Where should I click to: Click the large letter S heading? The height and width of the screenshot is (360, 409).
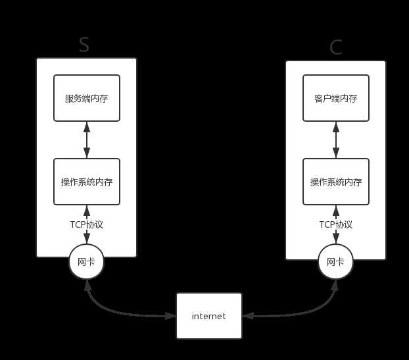(x=84, y=44)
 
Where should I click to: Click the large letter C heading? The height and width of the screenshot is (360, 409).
(x=336, y=47)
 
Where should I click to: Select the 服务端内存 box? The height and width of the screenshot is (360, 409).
(x=87, y=98)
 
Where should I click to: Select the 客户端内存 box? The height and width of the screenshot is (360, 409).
(x=336, y=98)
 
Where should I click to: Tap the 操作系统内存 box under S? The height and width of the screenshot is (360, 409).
(x=87, y=182)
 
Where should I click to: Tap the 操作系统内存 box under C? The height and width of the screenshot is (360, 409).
(x=336, y=182)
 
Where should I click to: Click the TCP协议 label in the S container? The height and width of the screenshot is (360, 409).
(x=87, y=224)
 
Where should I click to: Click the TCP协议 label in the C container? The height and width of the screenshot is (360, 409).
(x=336, y=224)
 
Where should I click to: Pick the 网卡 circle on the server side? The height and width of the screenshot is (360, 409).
(x=87, y=262)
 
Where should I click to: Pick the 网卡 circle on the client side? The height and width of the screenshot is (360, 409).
(x=336, y=262)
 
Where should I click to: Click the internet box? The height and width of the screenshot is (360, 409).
(x=209, y=316)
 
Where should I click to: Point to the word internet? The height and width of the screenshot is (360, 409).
(x=209, y=317)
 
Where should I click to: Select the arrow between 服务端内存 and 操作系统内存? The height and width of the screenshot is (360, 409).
(x=87, y=140)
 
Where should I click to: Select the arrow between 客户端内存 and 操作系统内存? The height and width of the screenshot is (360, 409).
(x=336, y=140)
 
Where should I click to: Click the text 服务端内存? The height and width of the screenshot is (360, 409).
(x=87, y=99)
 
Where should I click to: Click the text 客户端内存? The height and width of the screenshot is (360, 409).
(x=336, y=99)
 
